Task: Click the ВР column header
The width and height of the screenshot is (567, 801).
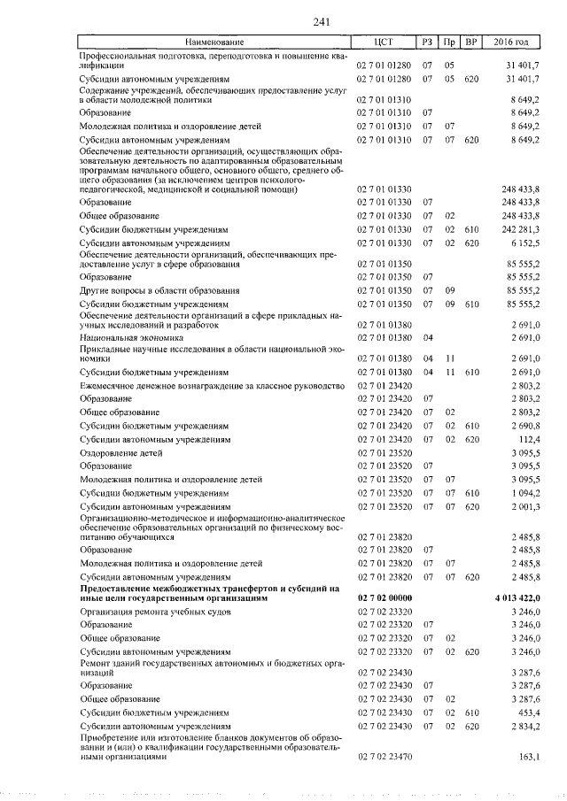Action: point(471,42)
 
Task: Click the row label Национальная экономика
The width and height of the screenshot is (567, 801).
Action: point(131,337)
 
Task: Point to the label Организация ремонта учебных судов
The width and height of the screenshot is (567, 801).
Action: point(156,612)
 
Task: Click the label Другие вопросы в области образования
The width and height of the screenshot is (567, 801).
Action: point(159,290)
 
